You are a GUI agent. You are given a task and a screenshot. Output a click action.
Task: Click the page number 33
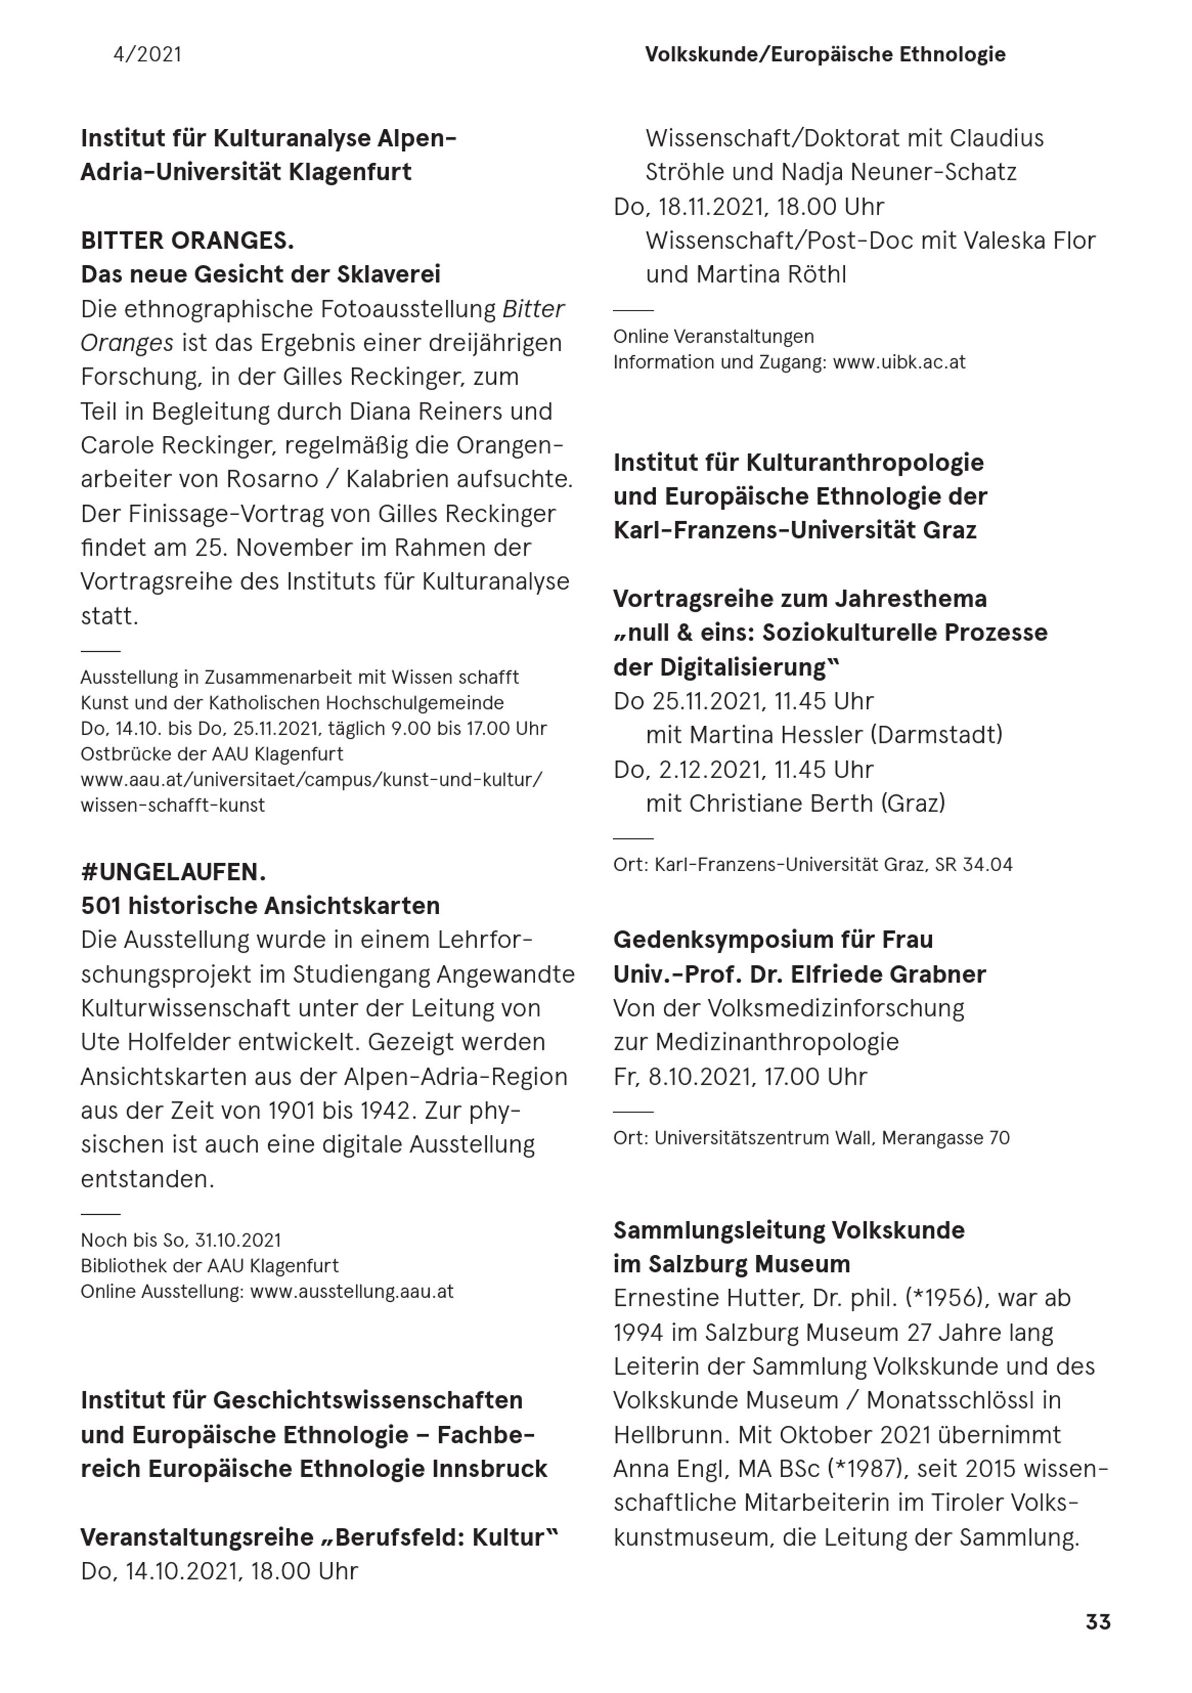[x=1097, y=1621]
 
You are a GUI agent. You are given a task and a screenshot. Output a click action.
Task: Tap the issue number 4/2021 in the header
[x=147, y=55]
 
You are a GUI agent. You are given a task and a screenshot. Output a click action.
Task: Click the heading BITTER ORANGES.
[x=187, y=240]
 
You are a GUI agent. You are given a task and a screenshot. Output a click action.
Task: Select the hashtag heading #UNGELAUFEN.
[x=173, y=872]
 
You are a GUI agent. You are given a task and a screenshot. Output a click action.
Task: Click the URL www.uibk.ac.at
[x=899, y=362]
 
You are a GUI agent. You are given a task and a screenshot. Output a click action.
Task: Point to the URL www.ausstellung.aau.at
[x=352, y=1291]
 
